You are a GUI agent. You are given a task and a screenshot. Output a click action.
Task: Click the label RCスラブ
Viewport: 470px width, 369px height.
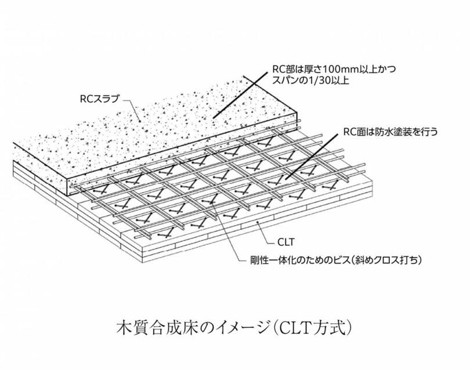tap(100, 99)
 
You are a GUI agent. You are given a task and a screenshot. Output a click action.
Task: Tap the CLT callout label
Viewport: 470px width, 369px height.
tap(286, 242)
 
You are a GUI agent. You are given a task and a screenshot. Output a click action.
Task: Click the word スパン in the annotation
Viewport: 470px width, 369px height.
tap(285, 81)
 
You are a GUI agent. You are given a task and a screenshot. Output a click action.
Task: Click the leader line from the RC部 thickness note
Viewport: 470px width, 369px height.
tap(240, 95)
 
